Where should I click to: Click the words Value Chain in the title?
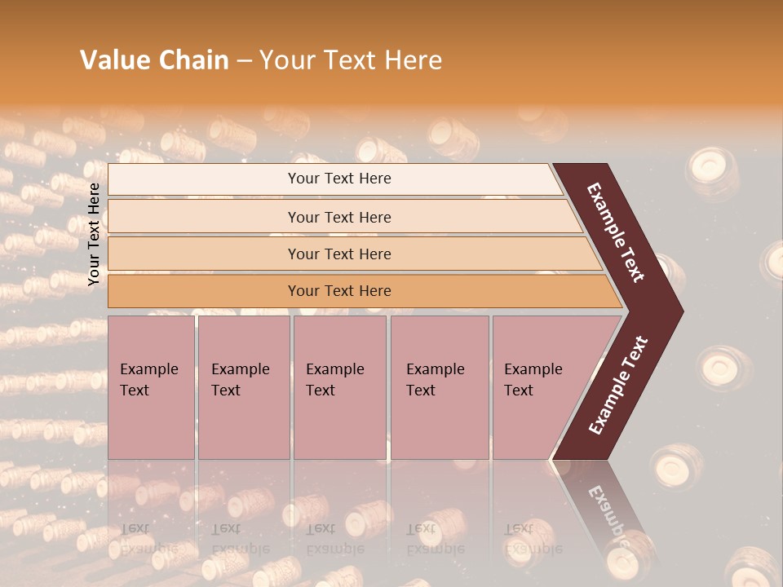(x=154, y=60)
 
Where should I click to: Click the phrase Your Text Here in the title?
(x=351, y=60)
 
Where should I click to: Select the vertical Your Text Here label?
(x=94, y=235)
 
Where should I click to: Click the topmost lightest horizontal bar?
(x=338, y=179)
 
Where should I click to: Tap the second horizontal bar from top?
(x=338, y=217)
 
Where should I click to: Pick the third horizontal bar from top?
(x=338, y=254)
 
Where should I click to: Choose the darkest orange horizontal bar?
(x=338, y=291)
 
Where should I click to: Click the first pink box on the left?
(x=151, y=387)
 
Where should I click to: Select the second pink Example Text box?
(x=243, y=387)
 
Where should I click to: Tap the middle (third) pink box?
(x=339, y=387)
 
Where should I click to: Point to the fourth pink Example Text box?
(x=439, y=387)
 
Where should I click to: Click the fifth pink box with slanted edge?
(x=538, y=387)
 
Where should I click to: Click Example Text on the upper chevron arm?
(x=616, y=232)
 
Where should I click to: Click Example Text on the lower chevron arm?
(x=618, y=386)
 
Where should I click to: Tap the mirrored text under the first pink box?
(x=148, y=538)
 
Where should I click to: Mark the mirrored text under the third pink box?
(x=334, y=538)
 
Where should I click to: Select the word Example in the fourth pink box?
(x=436, y=369)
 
